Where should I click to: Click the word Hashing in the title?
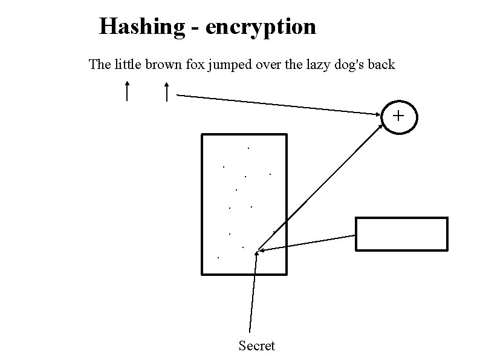click(x=142, y=27)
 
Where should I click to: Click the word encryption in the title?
click(x=261, y=27)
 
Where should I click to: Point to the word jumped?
click(x=230, y=65)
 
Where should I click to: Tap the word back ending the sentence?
click(x=381, y=64)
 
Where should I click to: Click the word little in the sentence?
click(x=127, y=64)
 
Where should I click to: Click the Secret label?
click(x=256, y=346)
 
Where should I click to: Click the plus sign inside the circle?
click(x=399, y=114)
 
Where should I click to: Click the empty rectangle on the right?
click(x=401, y=234)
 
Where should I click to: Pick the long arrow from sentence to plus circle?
click(x=278, y=104)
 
